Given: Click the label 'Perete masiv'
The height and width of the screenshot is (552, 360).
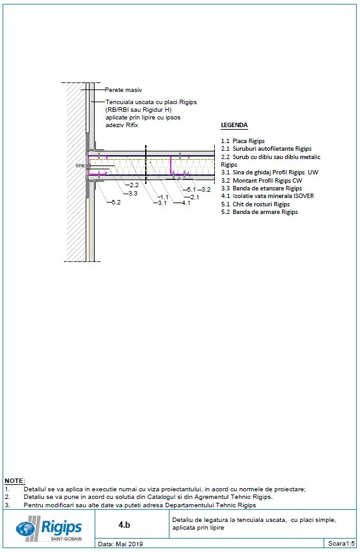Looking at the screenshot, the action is click(x=123, y=91).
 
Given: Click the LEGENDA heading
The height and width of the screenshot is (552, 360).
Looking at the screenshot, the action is click(x=234, y=126).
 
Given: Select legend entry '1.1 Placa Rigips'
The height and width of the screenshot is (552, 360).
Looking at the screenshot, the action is click(x=242, y=141).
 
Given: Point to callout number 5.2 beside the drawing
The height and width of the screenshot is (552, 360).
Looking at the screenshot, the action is click(x=116, y=203).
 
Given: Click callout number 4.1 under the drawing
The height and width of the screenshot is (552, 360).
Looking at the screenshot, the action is click(x=186, y=203).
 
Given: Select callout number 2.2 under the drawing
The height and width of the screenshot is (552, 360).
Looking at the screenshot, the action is click(x=134, y=185).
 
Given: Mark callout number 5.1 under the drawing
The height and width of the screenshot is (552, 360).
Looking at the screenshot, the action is click(x=191, y=190).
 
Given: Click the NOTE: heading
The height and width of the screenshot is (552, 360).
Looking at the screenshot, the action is click(x=15, y=479).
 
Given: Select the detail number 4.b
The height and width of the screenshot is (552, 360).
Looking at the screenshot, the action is click(x=124, y=524).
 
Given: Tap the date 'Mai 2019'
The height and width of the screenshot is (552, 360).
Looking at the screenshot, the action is click(x=130, y=544).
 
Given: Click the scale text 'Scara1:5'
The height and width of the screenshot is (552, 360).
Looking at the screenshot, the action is click(x=341, y=544).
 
